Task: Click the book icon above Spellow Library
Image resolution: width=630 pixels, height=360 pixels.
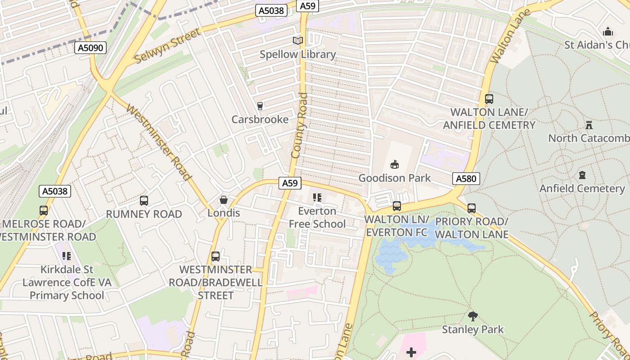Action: click(297, 41)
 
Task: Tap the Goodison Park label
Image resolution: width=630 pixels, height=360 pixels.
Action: click(394, 178)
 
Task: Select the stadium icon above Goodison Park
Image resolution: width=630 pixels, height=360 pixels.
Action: click(395, 164)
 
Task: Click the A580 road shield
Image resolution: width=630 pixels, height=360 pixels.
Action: click(466, 179)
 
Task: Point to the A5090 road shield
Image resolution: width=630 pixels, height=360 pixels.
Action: click(90, 48)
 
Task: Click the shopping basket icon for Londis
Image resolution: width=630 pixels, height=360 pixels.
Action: click(224, 200)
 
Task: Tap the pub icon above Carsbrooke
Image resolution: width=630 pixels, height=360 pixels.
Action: click(260, 106)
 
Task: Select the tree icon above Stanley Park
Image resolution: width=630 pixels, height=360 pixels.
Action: click(472, 316)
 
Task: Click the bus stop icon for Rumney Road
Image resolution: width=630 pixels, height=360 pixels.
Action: click(144, 201)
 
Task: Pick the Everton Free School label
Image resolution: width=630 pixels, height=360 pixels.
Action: click(317, 217)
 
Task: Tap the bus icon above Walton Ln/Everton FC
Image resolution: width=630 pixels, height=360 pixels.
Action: click(396, 206)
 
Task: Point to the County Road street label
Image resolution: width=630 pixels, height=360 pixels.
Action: click(299, 126)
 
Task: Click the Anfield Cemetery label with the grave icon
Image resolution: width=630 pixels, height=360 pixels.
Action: click(582, 189)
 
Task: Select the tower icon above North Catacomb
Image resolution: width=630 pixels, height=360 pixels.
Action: click(589, 125)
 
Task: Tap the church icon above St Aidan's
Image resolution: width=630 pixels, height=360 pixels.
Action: click(608, 31)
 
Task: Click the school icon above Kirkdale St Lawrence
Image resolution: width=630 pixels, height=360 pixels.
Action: click(67, 256)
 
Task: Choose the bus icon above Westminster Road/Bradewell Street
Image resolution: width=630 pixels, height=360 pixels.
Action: click(216, 256)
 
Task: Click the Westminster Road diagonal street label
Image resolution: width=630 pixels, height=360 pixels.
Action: click(158, 142)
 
